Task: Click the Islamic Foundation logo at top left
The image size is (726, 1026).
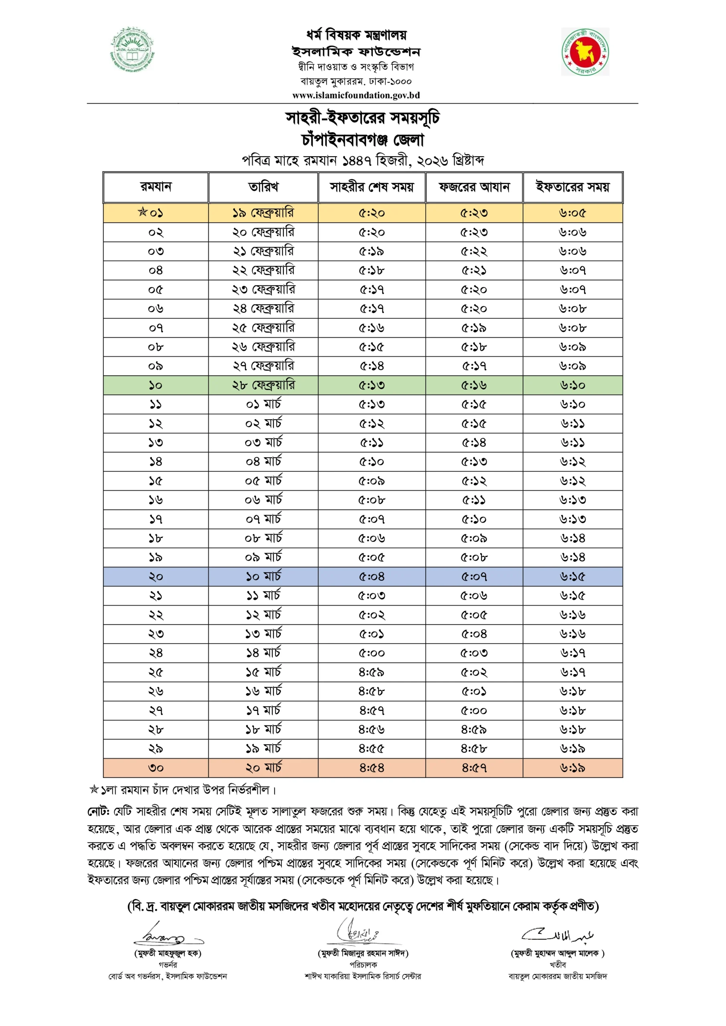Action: click(132, 49)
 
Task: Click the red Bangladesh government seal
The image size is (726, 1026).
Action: click(585, 52)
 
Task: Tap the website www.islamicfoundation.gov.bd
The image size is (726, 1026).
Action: click(356, 95)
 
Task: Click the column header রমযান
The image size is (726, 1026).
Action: click(156, 187)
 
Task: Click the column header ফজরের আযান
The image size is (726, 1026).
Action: click(474, 187)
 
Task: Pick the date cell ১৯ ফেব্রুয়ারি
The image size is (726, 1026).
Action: click(263, 213)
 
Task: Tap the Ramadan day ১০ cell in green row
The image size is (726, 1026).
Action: click(156, 385)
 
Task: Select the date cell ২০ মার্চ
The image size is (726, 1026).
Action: click(263, 768)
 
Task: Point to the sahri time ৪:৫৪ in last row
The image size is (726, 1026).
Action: click(371, 768)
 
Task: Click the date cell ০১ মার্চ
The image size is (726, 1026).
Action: click(263, 404)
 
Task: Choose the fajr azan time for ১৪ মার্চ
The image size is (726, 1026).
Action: click(474, 653)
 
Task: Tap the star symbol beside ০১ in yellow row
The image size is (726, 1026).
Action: click(143, 212)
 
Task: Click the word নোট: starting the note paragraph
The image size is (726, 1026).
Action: click(98, 811)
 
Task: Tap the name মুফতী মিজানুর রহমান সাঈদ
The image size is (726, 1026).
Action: click(363, 953)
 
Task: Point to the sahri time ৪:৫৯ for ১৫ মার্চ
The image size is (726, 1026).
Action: click(371, 673)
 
